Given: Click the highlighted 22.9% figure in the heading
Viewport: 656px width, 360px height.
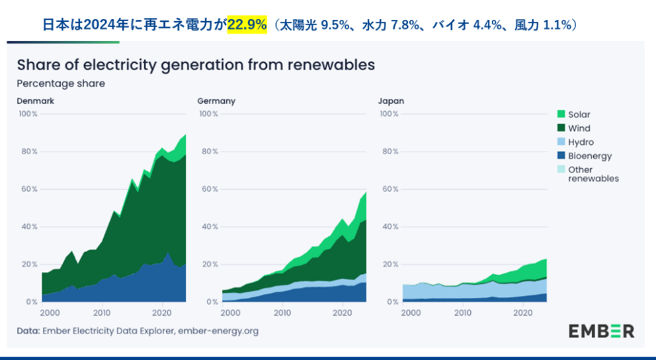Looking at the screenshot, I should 247,25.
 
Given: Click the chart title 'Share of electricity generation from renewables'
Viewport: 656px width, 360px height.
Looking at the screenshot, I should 196,65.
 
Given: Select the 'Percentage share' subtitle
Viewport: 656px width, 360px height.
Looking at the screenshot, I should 61,83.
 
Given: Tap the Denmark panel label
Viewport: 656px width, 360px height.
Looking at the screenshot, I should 35,101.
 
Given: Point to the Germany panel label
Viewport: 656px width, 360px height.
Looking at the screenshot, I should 216,101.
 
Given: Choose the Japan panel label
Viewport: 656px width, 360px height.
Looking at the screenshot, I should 391,101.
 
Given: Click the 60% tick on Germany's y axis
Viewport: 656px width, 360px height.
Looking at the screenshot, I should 209,189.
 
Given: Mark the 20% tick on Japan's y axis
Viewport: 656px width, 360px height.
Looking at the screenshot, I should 389,265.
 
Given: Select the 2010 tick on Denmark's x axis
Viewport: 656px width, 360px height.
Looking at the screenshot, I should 102,312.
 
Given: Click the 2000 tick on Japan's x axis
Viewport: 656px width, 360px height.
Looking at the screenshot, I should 411,312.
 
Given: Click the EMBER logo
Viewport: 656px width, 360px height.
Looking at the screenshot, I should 601,331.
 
